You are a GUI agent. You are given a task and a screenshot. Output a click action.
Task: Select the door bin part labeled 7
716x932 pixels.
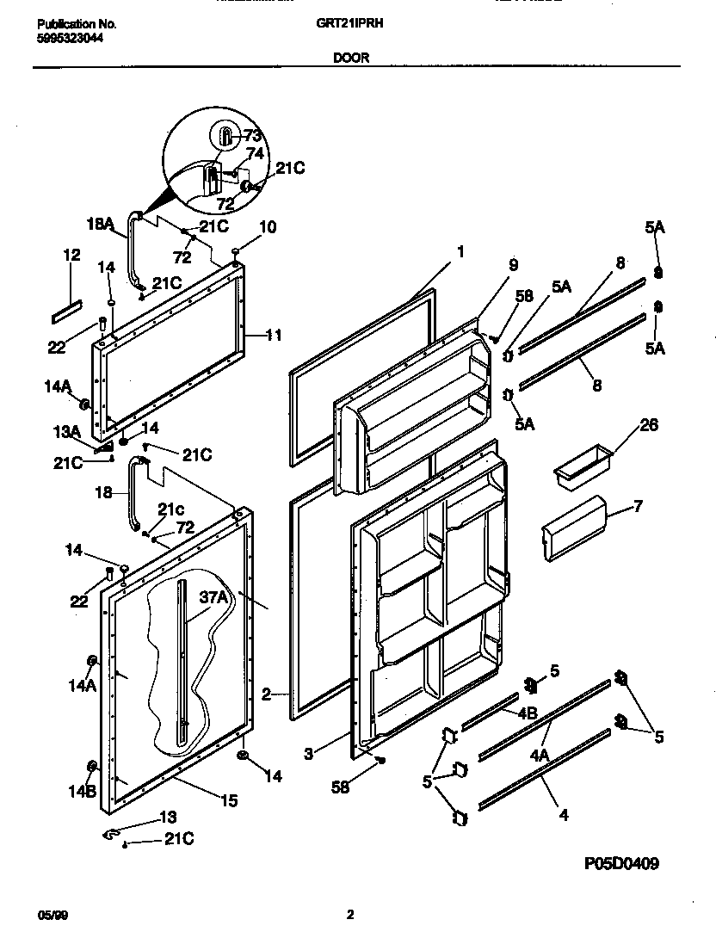(572, 528)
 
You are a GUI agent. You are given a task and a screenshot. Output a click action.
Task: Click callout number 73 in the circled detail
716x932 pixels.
(252, 135)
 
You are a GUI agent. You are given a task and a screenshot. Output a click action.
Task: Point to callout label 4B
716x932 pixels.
(528, 713)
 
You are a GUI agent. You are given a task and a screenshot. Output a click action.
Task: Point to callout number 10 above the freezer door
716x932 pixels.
(268, 227)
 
